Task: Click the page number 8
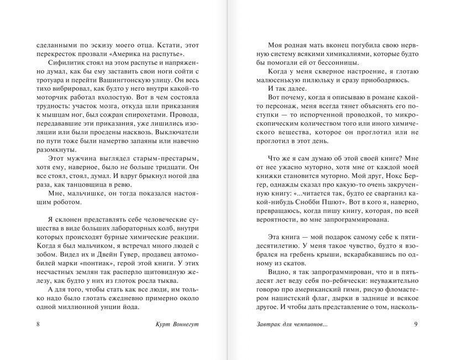(x=36, y=324)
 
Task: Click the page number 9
(x=415, y=324)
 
